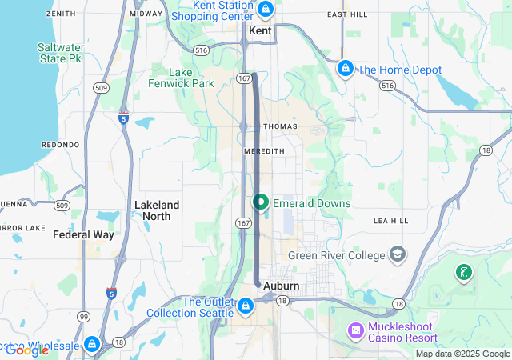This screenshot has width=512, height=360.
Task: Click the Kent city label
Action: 261,30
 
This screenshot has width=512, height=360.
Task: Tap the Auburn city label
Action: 281,286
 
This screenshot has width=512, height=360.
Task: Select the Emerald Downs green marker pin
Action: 261,202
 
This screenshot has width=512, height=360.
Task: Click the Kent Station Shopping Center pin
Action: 266,10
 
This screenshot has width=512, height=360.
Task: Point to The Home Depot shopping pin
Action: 346,69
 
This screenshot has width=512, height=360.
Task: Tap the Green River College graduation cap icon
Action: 397,254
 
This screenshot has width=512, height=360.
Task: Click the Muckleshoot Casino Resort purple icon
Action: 356,330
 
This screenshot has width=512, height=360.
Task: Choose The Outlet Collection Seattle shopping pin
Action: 246,305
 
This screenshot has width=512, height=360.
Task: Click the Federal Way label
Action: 83,235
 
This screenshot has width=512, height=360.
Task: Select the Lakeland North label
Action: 157,210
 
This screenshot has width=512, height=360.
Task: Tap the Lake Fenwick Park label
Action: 181,77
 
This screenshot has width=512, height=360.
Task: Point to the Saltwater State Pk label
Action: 61,53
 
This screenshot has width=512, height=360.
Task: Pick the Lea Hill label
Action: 390,221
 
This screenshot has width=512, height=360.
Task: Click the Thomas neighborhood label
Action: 280,126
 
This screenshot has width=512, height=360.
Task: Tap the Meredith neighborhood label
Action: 265,150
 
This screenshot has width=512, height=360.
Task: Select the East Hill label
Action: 346,14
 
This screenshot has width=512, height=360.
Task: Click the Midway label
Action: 146,14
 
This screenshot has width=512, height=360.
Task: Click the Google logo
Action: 26,350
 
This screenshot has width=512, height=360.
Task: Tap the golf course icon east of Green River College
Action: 462,273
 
